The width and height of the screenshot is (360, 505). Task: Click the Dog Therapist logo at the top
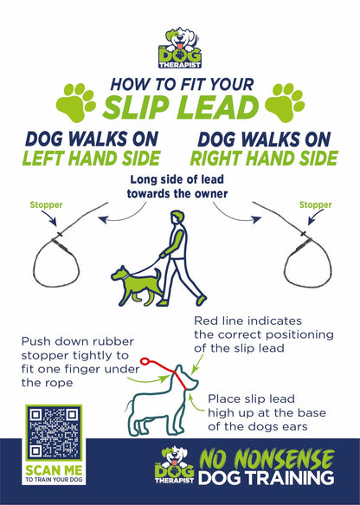[x=180, y=49]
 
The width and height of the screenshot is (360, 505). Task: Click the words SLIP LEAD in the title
[x=181, y=107]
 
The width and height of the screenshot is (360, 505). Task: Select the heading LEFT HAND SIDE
[x=92, y=159]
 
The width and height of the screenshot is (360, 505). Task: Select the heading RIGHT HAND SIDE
[x=263, y=159]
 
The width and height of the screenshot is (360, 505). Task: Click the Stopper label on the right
[x=315, y=205]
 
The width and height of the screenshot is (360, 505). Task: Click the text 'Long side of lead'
[x=177, y=179]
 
